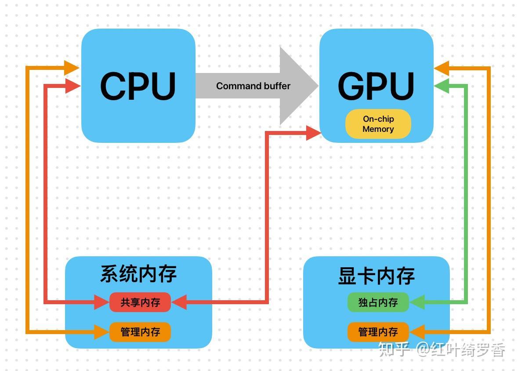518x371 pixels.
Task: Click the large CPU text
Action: tap(138, 86)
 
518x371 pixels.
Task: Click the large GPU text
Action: tap(376, 86)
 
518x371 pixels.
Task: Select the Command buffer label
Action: tap(253, 86)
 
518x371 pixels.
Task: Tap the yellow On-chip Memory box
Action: tap(378, 124)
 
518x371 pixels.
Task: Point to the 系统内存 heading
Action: tap(138, 273)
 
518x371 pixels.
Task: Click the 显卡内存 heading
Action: tap(376, 276)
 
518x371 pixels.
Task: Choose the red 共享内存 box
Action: tap(140, 302)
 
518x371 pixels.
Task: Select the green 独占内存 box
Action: tap(378, 302)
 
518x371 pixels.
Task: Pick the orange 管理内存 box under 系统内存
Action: tap(140, 332)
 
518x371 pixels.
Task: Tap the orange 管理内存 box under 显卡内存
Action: tap(378, 332)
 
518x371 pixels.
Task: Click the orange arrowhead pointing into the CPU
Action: tap(71, 68)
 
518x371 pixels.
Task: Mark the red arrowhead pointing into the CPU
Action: tap(72, 86)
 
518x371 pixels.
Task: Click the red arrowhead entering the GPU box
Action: tap(313, 132)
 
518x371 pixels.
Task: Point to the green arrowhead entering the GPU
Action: tap(442, 86)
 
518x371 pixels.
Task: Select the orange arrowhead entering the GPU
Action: tap(442, 69)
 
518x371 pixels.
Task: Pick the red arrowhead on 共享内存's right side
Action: tap(179, 302)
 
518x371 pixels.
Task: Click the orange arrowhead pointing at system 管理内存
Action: tap(101, 332)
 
